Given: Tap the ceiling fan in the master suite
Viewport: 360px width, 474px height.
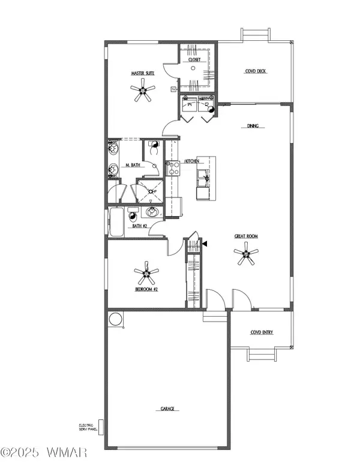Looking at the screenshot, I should point(143,91).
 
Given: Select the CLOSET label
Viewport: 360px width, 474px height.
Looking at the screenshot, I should point(193,60).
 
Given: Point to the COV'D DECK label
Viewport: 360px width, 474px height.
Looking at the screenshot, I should point(256,71).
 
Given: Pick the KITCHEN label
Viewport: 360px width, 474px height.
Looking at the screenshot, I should point(192,161).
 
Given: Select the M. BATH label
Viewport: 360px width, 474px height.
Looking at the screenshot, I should point(132,166).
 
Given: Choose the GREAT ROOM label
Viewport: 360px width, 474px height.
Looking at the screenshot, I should point(246,236).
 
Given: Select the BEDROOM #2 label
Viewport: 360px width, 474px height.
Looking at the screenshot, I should point(146,289).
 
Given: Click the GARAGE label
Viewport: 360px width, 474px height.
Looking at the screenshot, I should point(167,409).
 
